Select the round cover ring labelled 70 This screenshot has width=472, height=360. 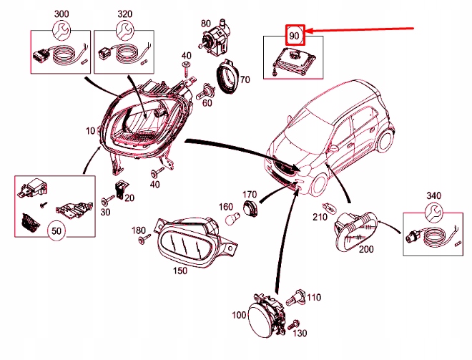coord(228,78)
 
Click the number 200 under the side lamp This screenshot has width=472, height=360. coord(365,250)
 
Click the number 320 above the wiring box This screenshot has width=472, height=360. coord(124,14)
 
